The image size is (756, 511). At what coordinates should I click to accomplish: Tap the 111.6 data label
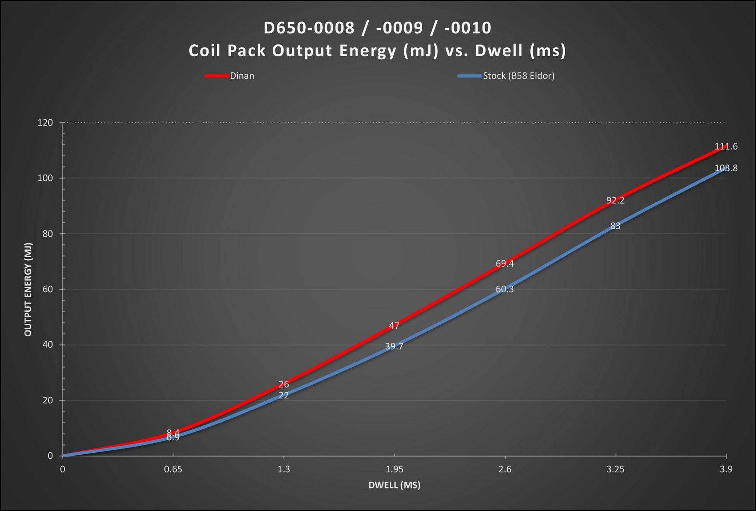[726, 146]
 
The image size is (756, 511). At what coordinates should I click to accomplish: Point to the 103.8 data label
[726, 168]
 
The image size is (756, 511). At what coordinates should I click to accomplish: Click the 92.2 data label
[615, 201]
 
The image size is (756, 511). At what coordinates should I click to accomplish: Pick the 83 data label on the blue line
[615, 226]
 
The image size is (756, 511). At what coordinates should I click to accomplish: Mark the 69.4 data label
[504, 264]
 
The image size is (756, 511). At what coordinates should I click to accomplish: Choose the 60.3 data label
[504, 289]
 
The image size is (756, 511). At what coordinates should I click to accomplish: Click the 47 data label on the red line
[394, 326]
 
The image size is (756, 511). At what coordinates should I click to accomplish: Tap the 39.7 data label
[394, 346]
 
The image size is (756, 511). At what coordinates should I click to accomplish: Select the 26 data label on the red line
[284, 384]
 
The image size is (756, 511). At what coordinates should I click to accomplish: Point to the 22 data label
[284, 395]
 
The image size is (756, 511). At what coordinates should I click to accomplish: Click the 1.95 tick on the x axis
[394, 469]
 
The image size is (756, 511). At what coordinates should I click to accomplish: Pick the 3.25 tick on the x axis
[615, 469]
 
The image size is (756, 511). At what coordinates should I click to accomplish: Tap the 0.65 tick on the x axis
[173, 469]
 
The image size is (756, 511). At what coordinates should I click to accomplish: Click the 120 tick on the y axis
[45, 123]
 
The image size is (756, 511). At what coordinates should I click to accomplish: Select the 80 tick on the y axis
[47, 234]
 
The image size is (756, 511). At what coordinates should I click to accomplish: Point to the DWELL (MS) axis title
[394, 485]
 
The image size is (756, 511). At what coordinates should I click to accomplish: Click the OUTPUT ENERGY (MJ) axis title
[28, 290]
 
